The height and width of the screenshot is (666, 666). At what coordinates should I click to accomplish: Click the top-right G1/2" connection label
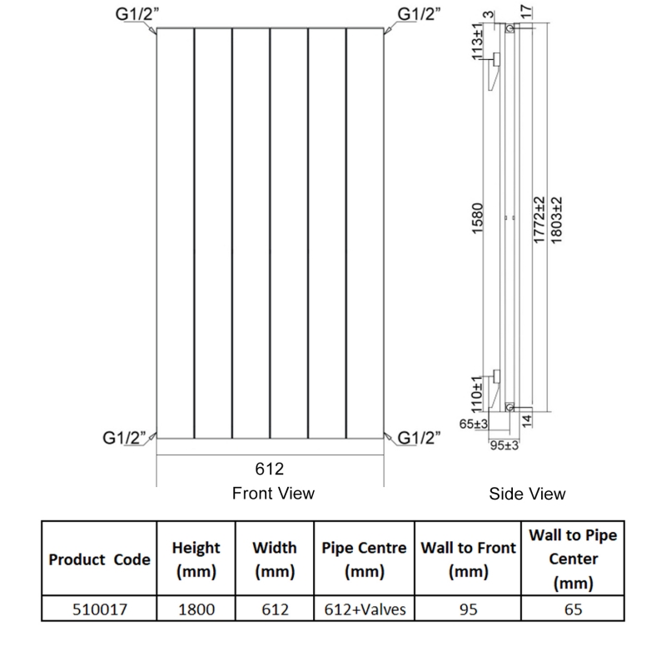(x=419, y=14)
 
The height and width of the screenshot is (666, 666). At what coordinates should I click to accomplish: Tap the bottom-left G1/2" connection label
(x=125, y=438)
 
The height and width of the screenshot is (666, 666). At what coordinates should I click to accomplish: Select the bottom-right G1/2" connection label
(x=420, y=438)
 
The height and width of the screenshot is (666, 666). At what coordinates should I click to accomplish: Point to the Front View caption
(x=273, y=494)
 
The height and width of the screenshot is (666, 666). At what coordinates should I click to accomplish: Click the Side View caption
(x=527, y=495)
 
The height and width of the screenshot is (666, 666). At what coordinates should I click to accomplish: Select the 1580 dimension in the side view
(x=478, y=220)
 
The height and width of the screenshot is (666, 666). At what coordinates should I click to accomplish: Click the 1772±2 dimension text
(x=539, y=220)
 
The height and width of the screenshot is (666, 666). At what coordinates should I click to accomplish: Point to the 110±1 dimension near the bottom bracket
(x=478, y=392)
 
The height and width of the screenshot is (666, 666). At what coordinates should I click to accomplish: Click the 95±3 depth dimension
(x=503, y=445)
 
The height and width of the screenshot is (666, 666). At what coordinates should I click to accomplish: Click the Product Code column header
(x=99, y=559)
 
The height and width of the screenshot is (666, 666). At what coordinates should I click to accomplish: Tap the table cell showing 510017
(x=99, y=609)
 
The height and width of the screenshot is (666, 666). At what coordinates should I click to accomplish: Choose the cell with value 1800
(x=196, y=609)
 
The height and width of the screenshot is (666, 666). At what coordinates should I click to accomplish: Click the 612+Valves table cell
(x=364, y=609)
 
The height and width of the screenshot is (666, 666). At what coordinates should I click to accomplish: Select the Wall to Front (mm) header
(x=468, y=559)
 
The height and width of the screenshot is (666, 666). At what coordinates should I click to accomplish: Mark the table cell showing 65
(x=573, y=609)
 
